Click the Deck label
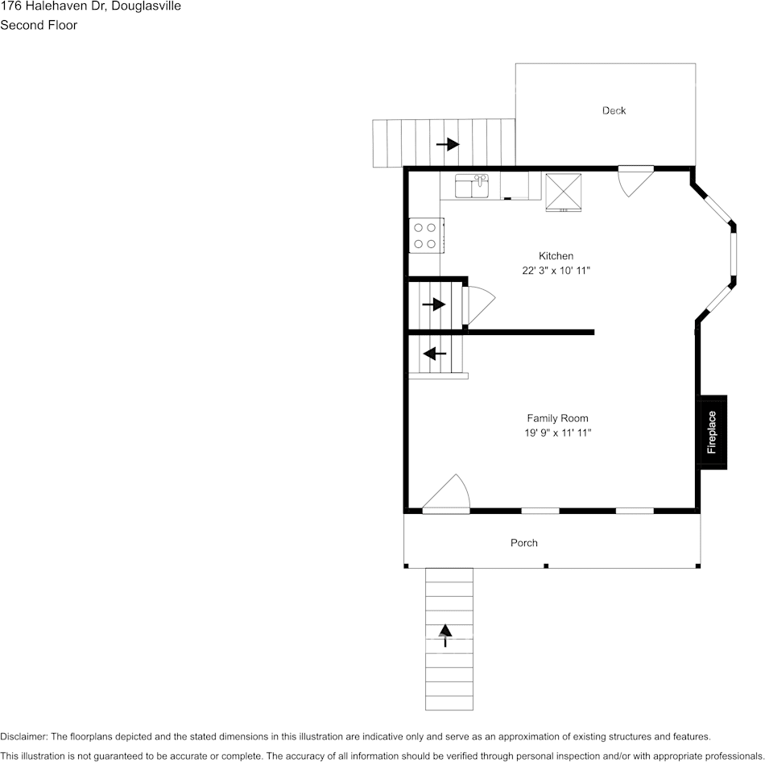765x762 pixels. click(x=614, y=110)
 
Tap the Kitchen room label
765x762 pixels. click(x=556, y=256)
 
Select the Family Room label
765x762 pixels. click(x=557, y=418)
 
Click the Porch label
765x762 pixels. click(x=523, y=543)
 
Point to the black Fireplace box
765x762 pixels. click(x=713, y=433)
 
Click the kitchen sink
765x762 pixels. click(x=472, y=187)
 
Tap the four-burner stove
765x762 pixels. click(x=425, y=235)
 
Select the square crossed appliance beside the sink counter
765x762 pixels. click(x=564, y=192)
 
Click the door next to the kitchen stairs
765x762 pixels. click(x=479, y=304)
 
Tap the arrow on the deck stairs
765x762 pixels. click(x=447, y=144)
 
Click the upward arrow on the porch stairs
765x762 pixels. click(x=445, y=634)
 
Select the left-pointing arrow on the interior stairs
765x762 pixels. click(x=435, y=353)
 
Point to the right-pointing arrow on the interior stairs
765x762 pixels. click(x=434, y=304)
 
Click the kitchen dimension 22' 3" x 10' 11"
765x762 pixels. click(x=556, y=271)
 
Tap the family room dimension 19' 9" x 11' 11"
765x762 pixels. click(x=557, y=433)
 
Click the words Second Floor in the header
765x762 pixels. click(x=39, y=25)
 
